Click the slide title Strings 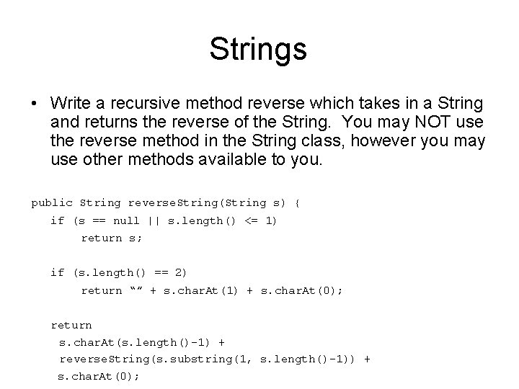[258, 50]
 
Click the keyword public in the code [52, 203]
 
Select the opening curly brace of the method [297, 203]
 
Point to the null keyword [127, 220]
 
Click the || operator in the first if [154, 220]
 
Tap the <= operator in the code [250, 220]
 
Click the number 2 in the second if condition [179, 272]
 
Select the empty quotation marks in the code [135, 290]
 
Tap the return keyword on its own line [71, 325]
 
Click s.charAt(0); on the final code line [98, 376]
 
